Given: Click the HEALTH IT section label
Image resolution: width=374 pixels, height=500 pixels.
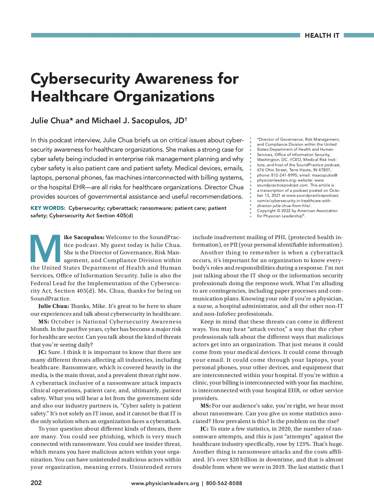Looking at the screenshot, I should pos(322,35).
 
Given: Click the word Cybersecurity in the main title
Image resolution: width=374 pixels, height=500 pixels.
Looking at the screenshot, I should pos(80,79).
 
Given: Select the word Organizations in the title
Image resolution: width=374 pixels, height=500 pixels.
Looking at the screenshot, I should pos(164,97).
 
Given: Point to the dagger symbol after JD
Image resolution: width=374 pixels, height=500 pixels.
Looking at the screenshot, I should pos(186,119).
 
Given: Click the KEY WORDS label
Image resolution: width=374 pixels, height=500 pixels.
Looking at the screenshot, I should pos(48,208).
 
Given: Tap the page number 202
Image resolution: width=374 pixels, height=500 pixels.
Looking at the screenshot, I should pos(36,483).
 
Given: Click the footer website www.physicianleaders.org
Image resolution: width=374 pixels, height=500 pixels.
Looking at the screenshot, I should pos(165,483).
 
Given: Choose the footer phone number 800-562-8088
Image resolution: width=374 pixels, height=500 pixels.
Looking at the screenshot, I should pos(224,483).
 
